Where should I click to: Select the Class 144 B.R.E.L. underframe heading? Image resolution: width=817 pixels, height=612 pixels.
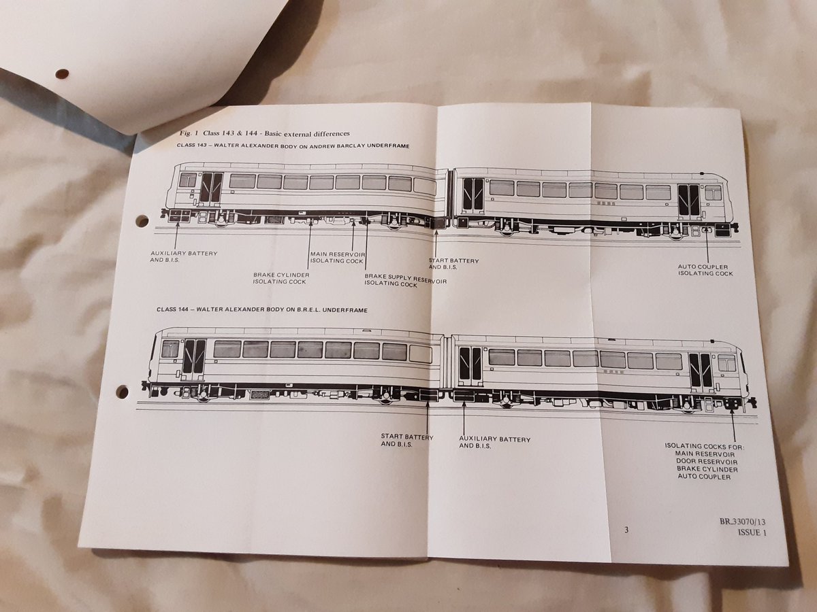262,310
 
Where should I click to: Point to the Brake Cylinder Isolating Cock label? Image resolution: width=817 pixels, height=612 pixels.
281,278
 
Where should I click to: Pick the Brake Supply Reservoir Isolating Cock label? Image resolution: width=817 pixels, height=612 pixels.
405,281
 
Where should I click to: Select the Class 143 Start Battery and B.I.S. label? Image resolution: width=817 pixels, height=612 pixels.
453,264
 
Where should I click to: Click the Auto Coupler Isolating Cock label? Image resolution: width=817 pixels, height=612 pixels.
705,270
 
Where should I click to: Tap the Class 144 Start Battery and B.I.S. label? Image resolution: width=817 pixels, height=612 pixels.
406,441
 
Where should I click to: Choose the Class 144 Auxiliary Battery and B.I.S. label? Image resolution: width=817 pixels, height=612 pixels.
495,443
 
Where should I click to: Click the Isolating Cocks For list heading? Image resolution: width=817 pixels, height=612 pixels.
705,447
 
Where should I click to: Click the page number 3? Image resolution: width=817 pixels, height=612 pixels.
626,530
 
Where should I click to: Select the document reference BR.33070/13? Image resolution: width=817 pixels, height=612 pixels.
746,522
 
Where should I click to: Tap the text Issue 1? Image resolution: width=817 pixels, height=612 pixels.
752,533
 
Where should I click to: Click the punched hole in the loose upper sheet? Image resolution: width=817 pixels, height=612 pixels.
62,73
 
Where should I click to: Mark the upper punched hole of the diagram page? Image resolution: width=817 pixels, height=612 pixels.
142,220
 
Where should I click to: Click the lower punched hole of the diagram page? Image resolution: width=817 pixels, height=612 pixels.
122,392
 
